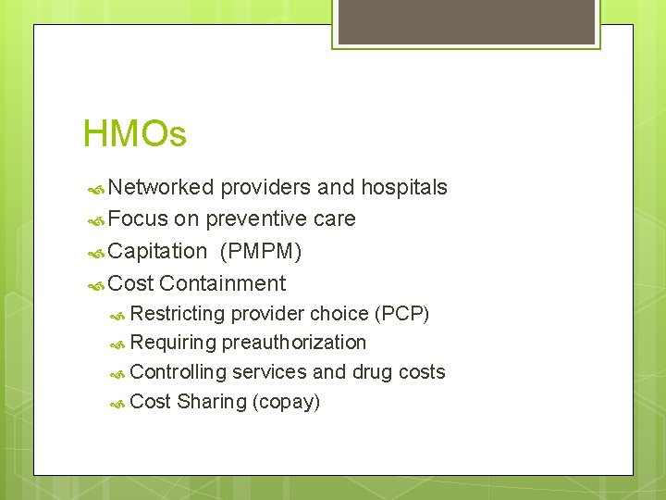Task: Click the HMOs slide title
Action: click(135, 134)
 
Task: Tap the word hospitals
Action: click(403, 188)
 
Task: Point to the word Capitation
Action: click(157, 251)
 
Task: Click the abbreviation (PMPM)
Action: click(261, 251)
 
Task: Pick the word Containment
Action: click(222, 283)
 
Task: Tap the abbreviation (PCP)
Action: click(401, 314)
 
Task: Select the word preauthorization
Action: click(294, 343)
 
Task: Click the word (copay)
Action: click(286, 402)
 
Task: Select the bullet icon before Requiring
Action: click(117, 344)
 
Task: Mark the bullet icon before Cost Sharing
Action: click(117, 403)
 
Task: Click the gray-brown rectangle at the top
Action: click(466, 21)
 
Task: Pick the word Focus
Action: click(138, 219)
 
